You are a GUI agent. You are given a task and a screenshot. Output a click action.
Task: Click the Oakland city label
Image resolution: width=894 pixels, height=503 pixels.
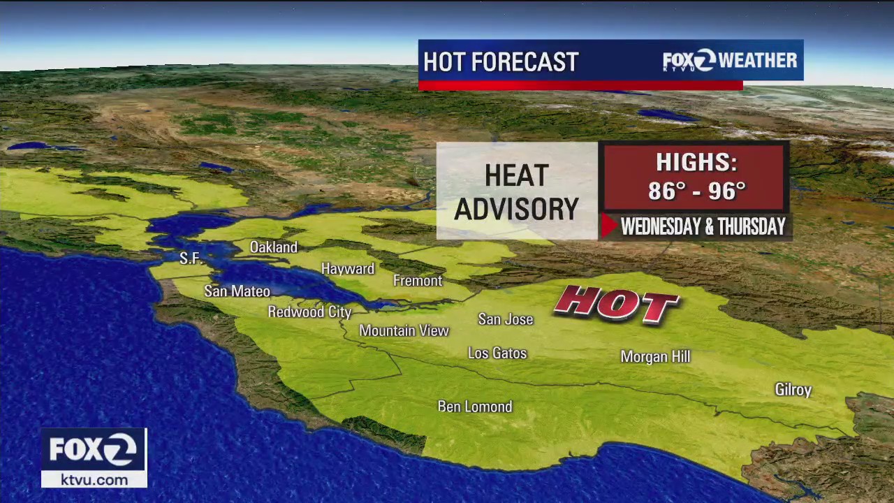tap(274, 247)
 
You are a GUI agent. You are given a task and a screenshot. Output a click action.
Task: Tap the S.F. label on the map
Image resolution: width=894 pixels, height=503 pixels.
tap(191, 258)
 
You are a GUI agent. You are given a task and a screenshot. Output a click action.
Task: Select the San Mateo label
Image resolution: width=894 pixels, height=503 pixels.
tap(237, 291)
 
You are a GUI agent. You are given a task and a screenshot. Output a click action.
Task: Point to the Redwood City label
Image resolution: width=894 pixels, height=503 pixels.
tap(309, 312)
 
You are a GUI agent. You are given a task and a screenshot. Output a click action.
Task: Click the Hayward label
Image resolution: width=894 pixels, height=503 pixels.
tap(348, 269)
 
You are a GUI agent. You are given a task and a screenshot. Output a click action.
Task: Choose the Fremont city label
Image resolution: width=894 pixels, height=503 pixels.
tap(418, 281)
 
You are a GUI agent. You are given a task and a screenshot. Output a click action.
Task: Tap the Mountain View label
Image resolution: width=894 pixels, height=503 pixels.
tap(404, 330)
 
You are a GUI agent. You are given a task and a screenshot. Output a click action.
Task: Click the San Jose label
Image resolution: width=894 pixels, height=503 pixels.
tap(506, 319)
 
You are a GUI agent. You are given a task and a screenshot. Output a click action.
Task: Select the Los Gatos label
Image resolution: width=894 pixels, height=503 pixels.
tap(497, 353)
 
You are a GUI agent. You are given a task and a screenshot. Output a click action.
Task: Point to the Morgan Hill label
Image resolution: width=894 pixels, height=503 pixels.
tap(655, 357)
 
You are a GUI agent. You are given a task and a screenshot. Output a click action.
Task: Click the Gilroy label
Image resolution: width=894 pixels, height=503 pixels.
tap(793, 390)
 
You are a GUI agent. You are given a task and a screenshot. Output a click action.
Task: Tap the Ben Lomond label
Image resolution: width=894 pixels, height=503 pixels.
tap(475, 407)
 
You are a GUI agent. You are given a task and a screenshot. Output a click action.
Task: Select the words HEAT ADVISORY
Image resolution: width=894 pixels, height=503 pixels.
tap(517, 192)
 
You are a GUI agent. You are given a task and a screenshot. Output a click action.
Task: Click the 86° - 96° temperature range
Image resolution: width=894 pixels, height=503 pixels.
tap(696, 191)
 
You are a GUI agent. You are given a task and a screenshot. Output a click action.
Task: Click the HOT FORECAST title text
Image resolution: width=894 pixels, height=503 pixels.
tap(501, 62)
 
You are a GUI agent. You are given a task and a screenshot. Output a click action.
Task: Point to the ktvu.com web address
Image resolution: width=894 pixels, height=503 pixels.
tap(94, 480)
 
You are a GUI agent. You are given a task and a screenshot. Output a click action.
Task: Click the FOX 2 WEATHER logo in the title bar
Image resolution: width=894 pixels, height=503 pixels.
tap(729, 61)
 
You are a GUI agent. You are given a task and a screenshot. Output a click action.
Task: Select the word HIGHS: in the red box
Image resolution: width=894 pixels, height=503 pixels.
tap(696, 162)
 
